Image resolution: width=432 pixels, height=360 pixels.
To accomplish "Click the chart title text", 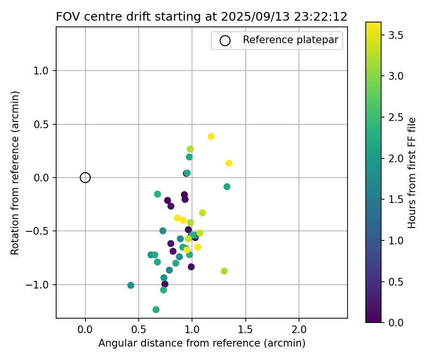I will click(x=202, y=17).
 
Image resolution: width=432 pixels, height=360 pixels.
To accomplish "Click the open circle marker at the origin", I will click(x=85, y=178).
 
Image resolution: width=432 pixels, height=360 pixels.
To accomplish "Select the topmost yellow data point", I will click(x=211, y=137).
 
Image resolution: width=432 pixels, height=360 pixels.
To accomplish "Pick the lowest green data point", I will click(x=156, y=310).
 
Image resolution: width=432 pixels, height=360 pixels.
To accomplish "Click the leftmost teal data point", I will click(x=131, y=285).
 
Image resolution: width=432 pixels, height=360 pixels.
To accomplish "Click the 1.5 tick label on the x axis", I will click(x=246, y=330).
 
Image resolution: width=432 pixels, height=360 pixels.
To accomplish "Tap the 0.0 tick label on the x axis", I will click(x=85, y=330).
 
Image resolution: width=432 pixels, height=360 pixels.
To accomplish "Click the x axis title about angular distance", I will click(x=202, y=344).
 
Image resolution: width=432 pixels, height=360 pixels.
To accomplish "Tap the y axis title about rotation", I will click(x=15, y=172).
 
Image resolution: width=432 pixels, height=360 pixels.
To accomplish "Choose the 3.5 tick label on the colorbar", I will click(x=396, y=36).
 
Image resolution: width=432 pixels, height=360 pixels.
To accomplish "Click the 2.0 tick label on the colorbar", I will click(x=396, y=158).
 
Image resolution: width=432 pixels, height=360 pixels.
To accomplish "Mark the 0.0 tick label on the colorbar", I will click(x=396, y=322).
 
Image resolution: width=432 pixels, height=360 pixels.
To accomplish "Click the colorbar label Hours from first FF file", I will click(x=412, y=172).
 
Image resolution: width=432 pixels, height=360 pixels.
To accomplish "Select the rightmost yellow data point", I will click(x=229, y=163).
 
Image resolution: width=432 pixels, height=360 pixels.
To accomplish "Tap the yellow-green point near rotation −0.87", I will click(x=224, y=271).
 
